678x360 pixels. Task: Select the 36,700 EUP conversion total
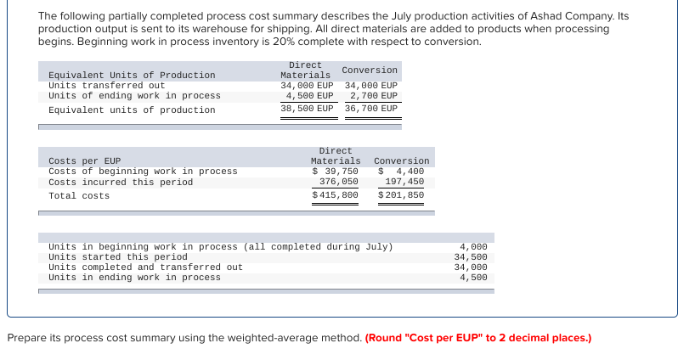coord(371,109)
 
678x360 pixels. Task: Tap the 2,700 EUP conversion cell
coord(374,96)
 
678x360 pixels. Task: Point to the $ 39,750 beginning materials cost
coord(335,172)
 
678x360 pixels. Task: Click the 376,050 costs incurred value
coord(338,182)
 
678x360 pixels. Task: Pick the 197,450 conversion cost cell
coord(404,182)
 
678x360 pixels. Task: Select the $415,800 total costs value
coord(335,195)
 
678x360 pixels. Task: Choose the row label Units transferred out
coord(106,86)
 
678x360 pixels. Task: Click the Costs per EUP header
coord(84,160)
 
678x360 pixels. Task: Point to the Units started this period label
coord(117,256)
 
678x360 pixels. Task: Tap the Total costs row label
coord(79,196)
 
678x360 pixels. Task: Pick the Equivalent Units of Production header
coord(132,76)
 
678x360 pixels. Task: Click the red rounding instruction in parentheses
coord(477,338)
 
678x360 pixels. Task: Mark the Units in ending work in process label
coord(134,278)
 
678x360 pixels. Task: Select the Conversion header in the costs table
coord(401,160)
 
